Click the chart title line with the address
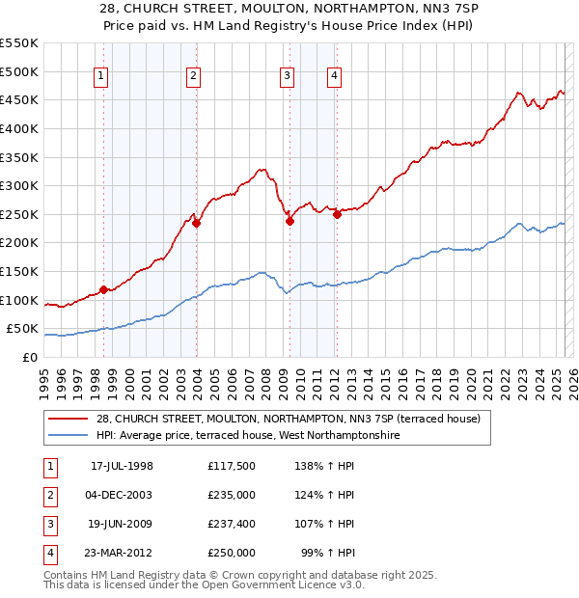point(289,9)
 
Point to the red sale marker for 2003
point(196,223)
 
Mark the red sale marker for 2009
point(289,221)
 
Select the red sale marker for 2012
point(337,214)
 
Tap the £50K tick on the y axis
point(22,328)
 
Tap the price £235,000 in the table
point(232,496)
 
